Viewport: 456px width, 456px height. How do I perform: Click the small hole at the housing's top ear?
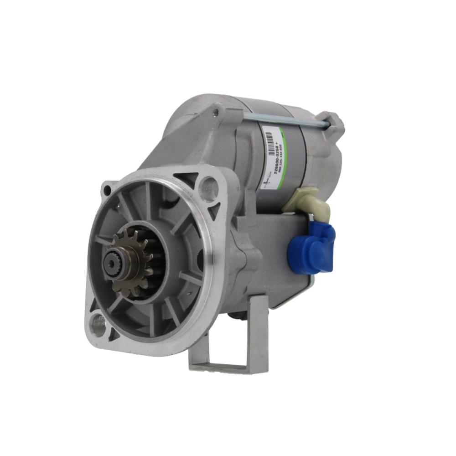[x=215, y=112]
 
